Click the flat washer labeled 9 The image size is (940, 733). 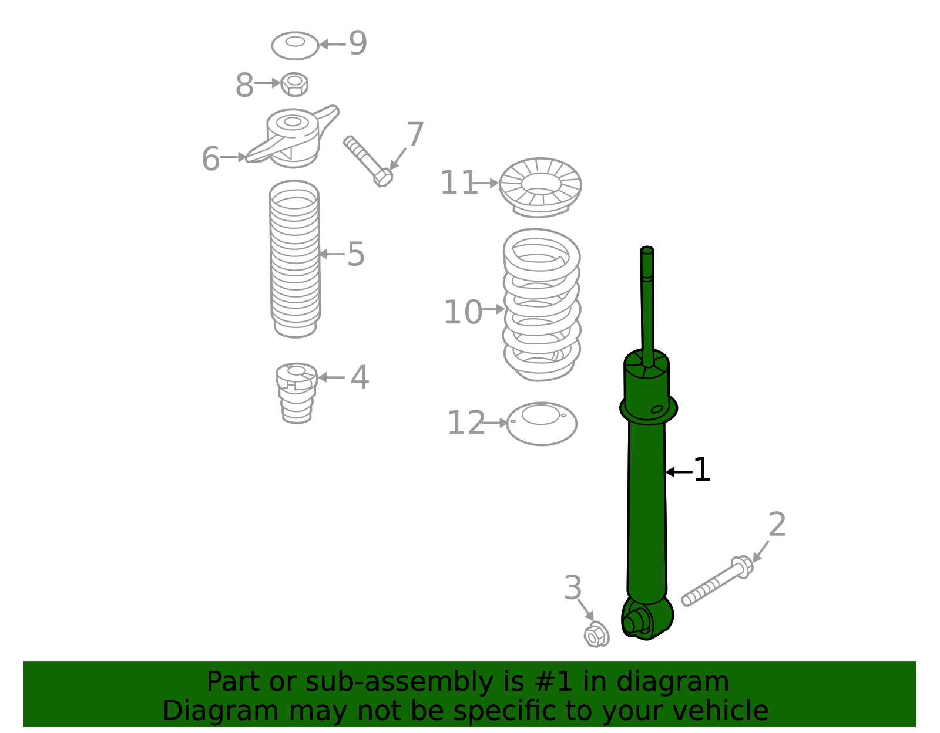pos(295,45)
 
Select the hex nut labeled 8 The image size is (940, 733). pos(294,84)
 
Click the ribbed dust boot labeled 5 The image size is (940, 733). pos(295,258)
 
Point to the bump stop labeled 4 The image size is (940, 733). pos(297,392)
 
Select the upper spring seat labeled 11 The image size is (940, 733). pos(540,187)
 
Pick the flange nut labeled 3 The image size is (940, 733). pos(596,635)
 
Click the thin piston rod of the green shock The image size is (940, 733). pos(647,305)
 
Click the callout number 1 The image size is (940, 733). pos(701,470)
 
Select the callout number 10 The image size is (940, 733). pos(462,312)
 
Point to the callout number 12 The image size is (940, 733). pos(466,423)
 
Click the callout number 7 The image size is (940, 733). pos(415,135)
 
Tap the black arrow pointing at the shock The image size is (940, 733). pos(678,472)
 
